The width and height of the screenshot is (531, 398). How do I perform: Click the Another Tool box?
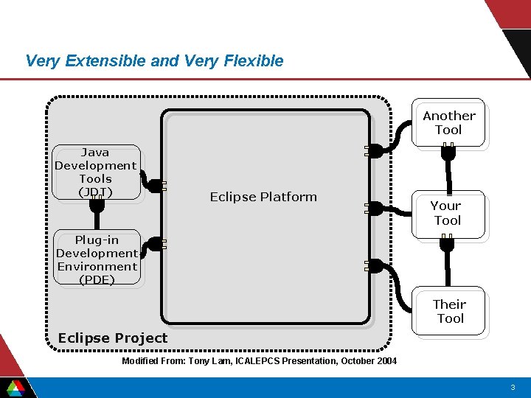[448, 123]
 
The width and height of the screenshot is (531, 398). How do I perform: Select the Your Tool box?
[447, 213]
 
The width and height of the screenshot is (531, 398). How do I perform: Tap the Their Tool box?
[448, 312]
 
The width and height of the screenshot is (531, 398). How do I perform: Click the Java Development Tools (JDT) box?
[96, 172]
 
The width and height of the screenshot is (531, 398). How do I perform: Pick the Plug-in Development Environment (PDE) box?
[96, 259]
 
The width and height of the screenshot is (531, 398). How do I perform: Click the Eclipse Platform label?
[263, 197]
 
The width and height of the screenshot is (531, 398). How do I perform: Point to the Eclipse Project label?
[113, 338]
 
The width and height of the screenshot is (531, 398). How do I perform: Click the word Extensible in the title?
[105, 60]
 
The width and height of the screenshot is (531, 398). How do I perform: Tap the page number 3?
[512, 387]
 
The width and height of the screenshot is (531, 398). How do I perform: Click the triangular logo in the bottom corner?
[15, 387]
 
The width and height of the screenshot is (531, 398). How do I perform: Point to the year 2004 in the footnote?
[385, 361]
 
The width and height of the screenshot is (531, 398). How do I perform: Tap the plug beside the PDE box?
[155, 245]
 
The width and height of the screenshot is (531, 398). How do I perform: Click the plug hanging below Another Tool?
[448, 153]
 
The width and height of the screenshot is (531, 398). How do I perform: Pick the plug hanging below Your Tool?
[446, 243]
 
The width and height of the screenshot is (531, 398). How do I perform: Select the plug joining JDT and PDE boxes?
[97, 204]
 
